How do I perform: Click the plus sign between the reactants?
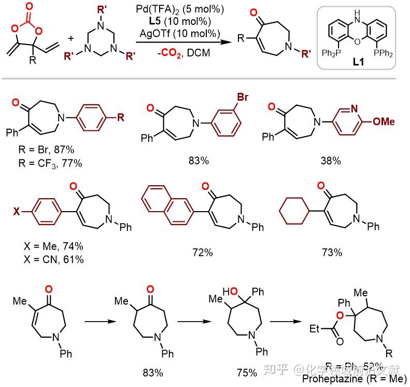point(70,38)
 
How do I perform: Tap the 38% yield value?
point(330,161)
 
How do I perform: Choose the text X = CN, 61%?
point(54,259)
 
